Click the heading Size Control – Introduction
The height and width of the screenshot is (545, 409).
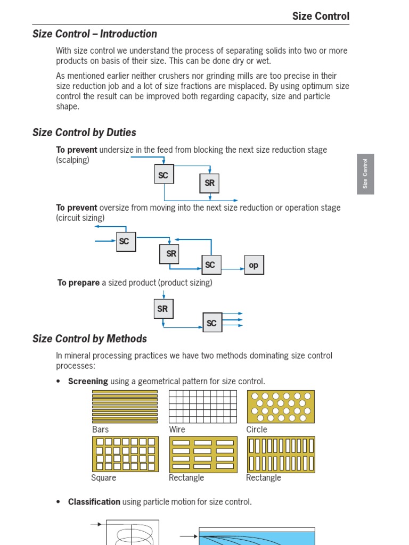95,34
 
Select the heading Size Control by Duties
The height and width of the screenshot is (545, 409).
84,133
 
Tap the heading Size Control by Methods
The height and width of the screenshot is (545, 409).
89,338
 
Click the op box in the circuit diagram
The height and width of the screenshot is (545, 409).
254,265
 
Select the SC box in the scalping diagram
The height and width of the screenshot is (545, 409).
164,175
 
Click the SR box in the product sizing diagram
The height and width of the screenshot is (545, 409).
163,309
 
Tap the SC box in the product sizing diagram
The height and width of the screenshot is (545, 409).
212,323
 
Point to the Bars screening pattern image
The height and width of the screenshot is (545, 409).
125,407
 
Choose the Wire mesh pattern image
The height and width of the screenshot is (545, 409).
203,407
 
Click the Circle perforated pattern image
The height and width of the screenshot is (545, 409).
281,407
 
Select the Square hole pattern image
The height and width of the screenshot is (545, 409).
125,454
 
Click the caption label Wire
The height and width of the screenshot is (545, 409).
177,430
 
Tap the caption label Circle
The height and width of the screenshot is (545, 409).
257,430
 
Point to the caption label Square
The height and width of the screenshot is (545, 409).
104,478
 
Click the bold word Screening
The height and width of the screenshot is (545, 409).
88,381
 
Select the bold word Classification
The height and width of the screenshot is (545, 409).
94,501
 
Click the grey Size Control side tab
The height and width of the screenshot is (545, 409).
365,174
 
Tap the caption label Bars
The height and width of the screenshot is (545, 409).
101,430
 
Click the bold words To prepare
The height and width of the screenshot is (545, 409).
78,283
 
